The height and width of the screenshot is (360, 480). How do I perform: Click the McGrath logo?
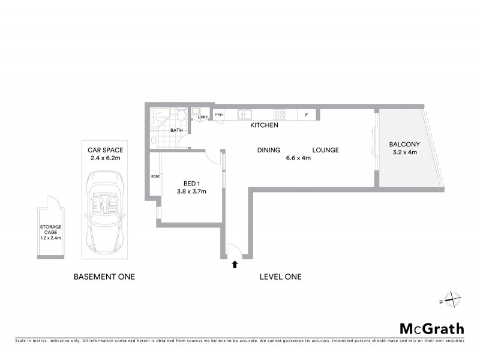432,328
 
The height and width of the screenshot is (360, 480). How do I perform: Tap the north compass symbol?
449,300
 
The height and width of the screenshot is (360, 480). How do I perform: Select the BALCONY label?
404,144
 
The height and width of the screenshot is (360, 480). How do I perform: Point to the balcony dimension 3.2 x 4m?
404,153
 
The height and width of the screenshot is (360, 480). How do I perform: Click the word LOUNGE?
325,150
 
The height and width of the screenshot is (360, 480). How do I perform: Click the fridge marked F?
307,115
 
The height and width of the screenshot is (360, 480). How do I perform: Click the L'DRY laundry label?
202,118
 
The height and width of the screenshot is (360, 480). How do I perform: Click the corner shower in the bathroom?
159,116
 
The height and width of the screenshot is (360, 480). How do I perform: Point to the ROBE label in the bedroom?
155,176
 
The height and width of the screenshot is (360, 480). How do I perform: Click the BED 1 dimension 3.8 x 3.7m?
191,192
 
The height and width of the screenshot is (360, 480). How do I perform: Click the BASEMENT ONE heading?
104,277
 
